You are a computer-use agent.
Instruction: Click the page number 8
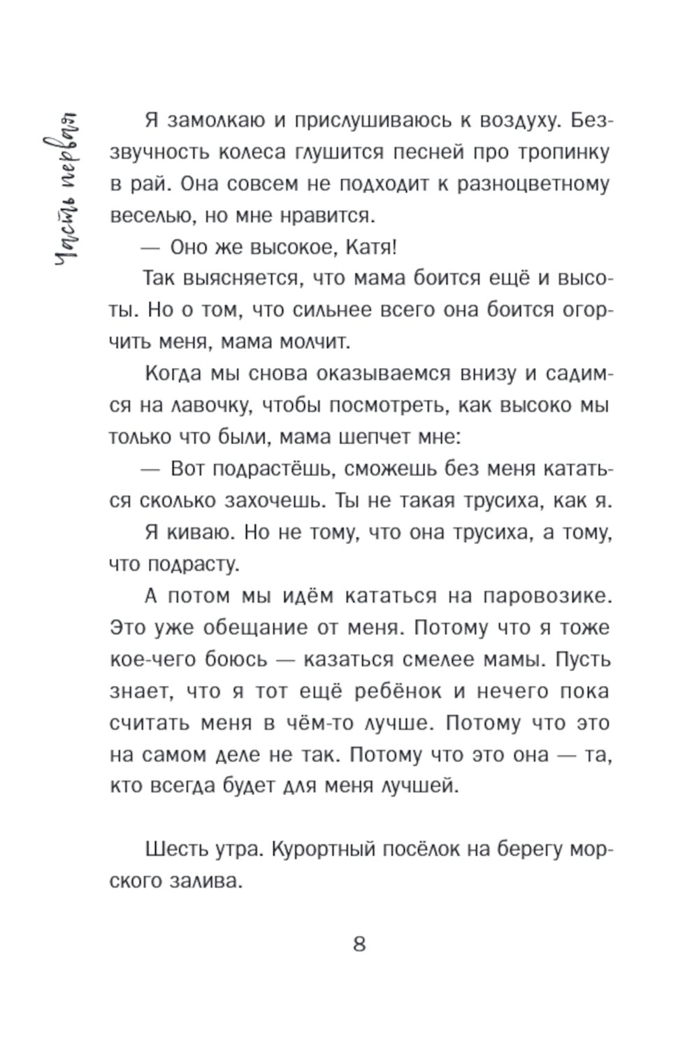[359, 944]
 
